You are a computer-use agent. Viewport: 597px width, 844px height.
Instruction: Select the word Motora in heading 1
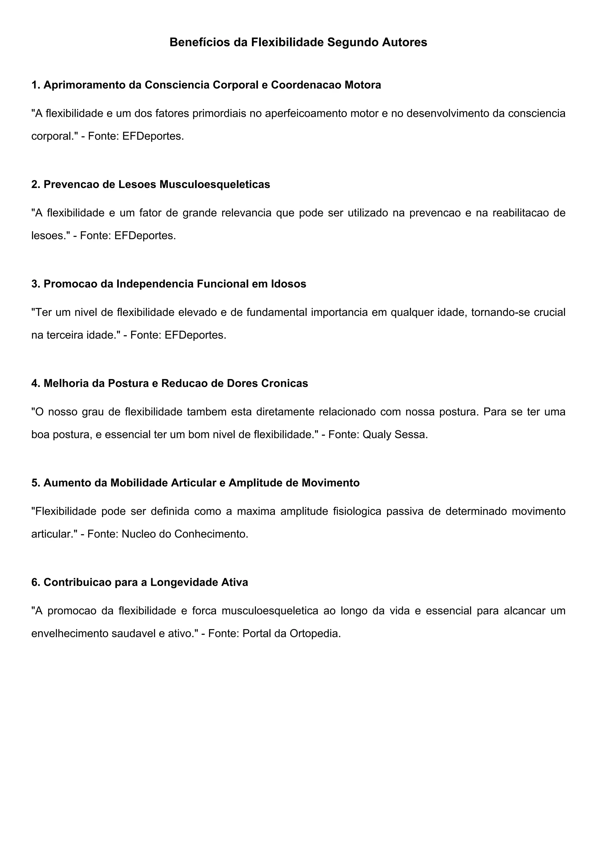click(x=363, y=85)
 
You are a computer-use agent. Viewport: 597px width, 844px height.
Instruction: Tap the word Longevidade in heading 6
click(x=184, y=582)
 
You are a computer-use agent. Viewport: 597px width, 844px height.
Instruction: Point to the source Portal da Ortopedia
click(x=292, y=633)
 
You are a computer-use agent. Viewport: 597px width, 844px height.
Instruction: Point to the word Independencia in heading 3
click(x=155, y=284)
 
